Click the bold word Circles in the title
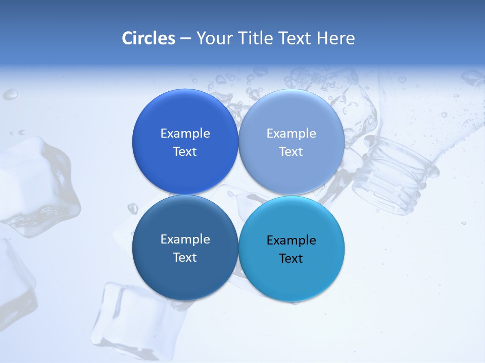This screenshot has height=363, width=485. [149, 38]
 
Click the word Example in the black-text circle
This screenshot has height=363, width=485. [292, 240]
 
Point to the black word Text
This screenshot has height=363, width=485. [291, 259]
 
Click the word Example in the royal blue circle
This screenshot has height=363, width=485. [185, 134]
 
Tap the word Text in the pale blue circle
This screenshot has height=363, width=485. [291, 152]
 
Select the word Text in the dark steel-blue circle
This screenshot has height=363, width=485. [185, 258]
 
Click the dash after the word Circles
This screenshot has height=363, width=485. [185, 39]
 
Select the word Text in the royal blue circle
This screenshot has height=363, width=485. [185, 152]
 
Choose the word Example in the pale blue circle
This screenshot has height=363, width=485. [292, 134]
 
